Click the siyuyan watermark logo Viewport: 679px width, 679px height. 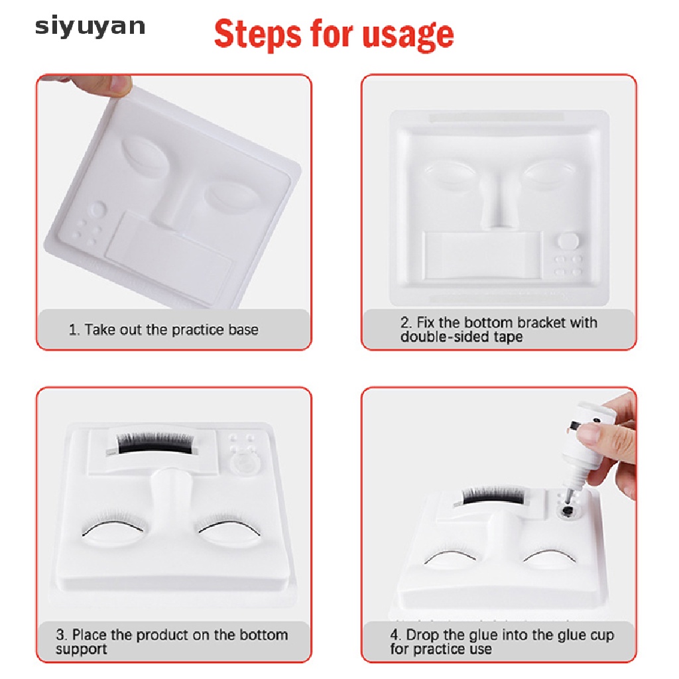click(x=90, y=27)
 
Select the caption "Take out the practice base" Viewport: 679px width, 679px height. click(x=171, y=330)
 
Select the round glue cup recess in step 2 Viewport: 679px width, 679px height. click(x=568, y=241)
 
